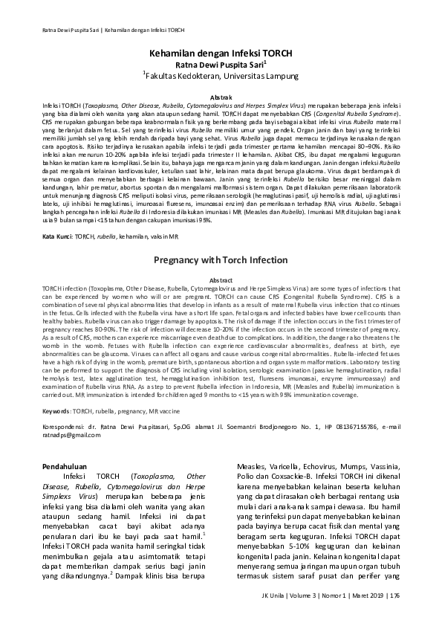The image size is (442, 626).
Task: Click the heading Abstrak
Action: pos(221,97)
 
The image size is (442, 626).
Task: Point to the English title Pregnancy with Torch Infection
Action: pos(221,262)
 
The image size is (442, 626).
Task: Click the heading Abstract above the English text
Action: pos(221,279)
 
